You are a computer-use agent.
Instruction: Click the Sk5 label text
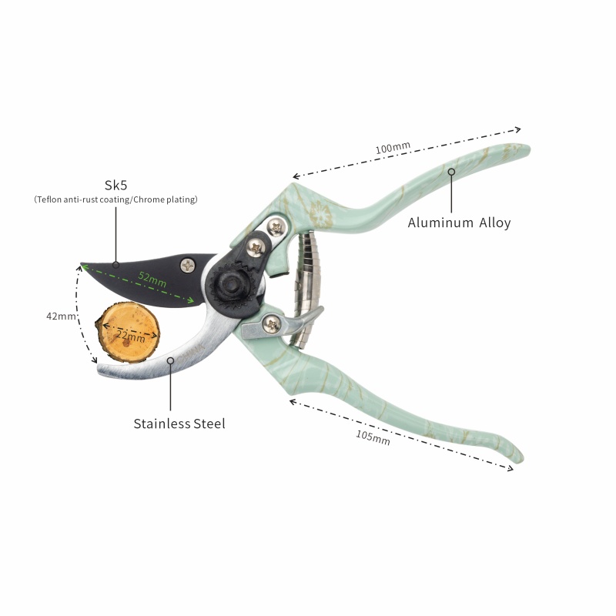coord(116,185)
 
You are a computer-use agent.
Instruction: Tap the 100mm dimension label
coord(393,148)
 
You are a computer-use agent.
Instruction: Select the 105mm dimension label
coord(373,437)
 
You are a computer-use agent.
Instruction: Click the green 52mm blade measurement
coord(152,280)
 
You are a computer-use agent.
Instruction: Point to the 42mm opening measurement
coord(61,316)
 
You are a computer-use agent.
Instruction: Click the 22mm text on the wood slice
coord(131,336)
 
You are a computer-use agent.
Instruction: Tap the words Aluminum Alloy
coord(459,223)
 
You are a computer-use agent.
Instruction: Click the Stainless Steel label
coord(179,423)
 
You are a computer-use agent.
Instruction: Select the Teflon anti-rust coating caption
coord(115,199)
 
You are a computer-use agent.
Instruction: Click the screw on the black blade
coord(188,266)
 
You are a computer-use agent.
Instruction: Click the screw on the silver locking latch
coord(272,324)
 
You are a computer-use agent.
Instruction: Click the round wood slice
coord(128,333)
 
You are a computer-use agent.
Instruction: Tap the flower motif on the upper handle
coord(321,215)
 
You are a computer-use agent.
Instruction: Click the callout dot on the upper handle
coord(451,172)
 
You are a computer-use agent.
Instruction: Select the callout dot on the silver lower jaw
coord(170,360)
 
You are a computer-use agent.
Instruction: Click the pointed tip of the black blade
coord(82,264)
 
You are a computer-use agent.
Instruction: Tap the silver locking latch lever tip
coord(320,310)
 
